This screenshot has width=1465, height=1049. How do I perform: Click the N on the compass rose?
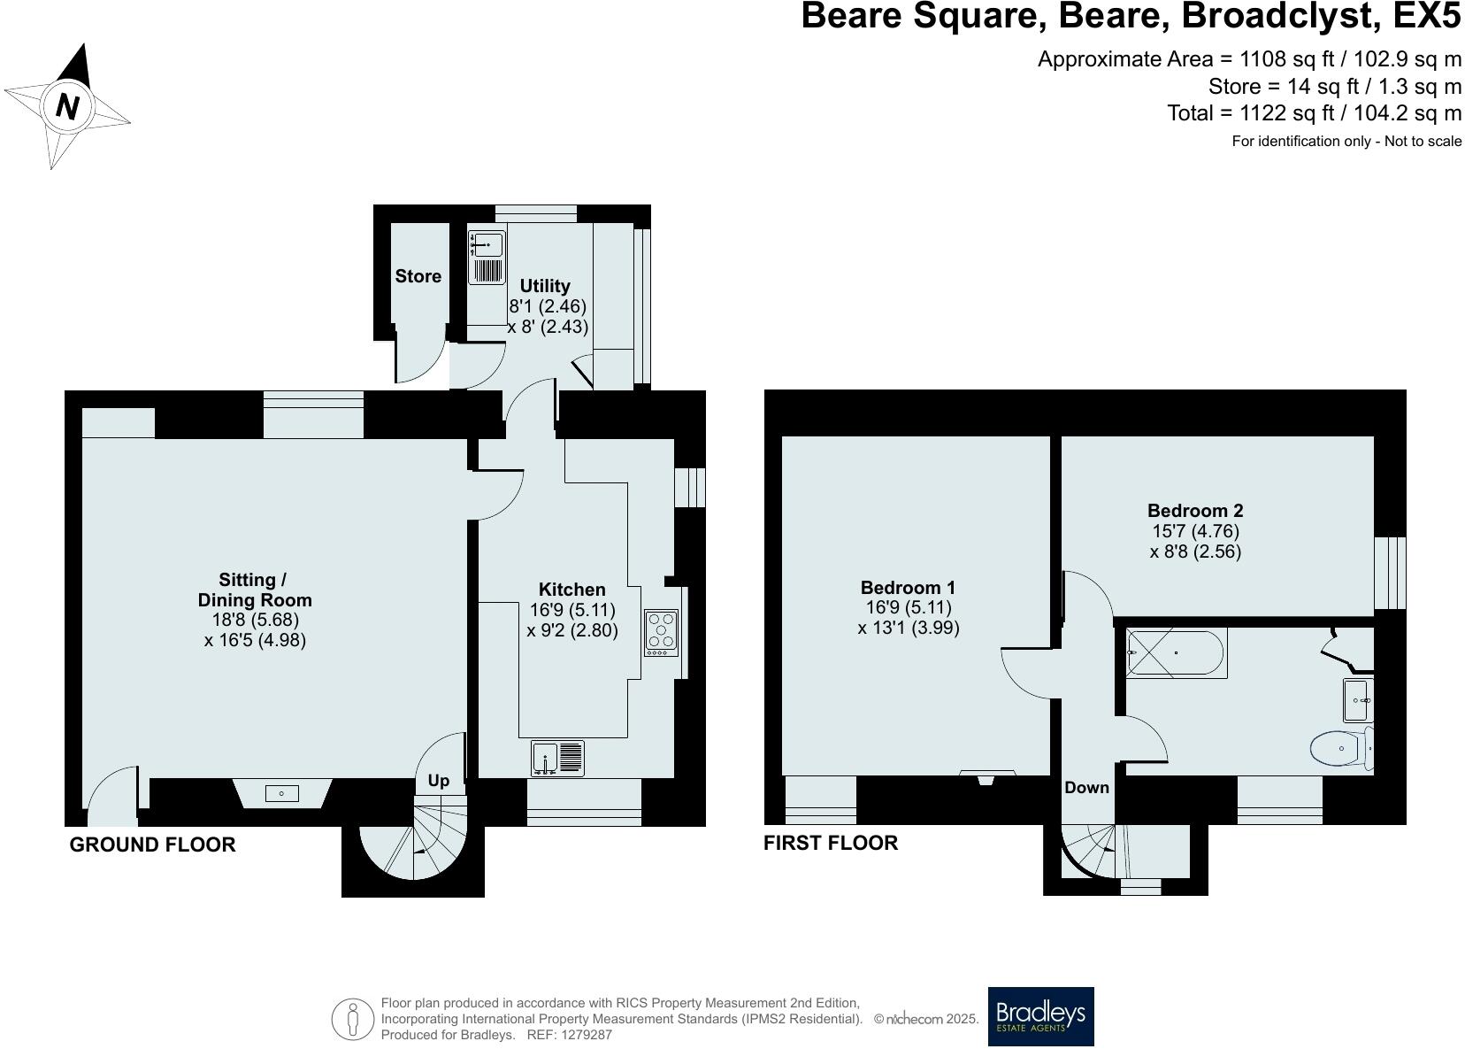tap(67, 106)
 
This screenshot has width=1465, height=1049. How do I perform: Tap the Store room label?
tap(418, 276)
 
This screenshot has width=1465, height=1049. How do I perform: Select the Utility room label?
tap(545, 286)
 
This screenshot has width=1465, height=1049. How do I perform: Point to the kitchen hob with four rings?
tap(661, 632)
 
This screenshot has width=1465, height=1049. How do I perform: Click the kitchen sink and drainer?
tap(558, 759)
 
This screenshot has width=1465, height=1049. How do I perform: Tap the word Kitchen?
tap(572, 590)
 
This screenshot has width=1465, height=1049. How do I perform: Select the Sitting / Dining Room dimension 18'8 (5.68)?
tap(255, 621)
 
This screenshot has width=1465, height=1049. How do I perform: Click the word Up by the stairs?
tap(439, 780)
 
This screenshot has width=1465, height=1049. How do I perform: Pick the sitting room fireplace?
tap(282, 793)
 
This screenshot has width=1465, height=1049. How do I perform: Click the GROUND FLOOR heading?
tap(152, 845)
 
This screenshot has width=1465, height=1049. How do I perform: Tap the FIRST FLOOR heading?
tap(830, 843)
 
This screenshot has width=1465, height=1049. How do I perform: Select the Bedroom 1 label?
tap(908, 588)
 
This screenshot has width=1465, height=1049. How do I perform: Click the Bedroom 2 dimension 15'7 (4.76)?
tap(1195, 531)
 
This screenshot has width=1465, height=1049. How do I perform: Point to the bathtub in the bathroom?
tap(1176, 652)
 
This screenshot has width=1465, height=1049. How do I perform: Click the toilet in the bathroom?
tap(1341, 749)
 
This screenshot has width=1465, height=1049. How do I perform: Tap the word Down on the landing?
tap(1086, 787)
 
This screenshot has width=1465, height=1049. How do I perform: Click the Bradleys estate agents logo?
tap(1040, 1016)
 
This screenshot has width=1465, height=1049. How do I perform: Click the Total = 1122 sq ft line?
tap(1314, 113)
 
